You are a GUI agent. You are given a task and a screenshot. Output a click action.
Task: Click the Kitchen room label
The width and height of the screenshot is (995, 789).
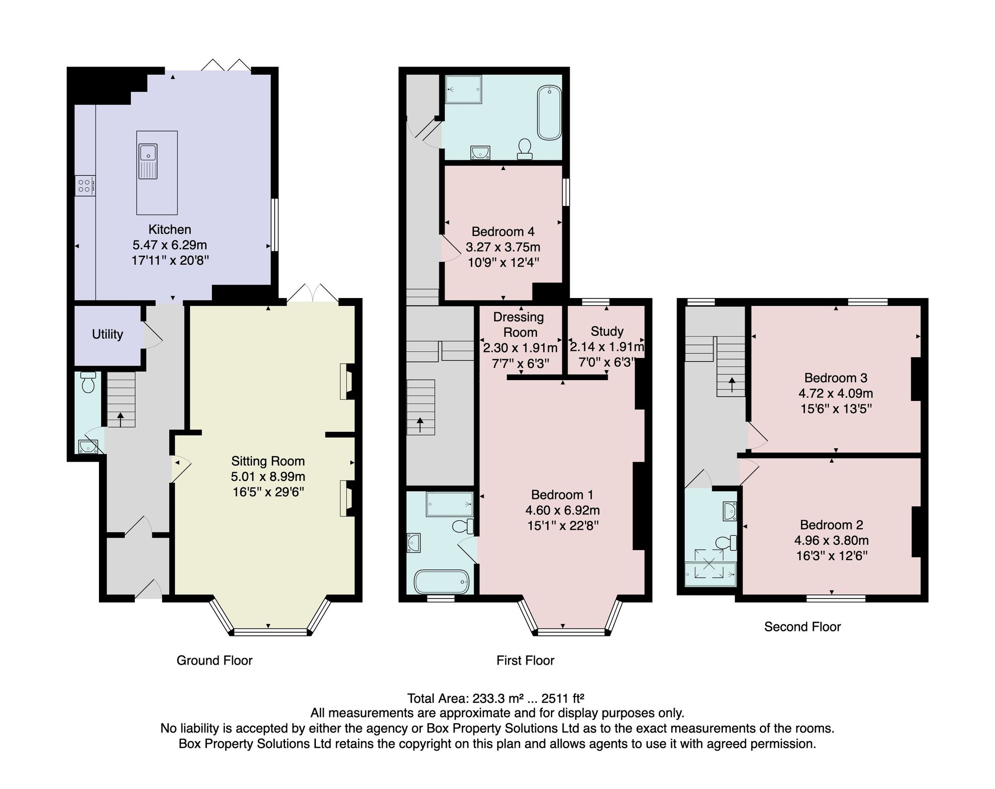170,229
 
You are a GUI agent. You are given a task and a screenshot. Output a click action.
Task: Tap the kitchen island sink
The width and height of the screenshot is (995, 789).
148,161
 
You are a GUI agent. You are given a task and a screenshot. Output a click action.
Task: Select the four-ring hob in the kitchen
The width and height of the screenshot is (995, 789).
85,186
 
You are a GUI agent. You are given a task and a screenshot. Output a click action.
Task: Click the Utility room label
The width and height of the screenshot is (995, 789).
107,334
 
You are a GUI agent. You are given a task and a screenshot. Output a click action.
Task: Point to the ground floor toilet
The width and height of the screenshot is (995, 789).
88,382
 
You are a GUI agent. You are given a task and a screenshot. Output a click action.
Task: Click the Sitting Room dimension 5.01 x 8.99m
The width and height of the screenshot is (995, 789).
268,477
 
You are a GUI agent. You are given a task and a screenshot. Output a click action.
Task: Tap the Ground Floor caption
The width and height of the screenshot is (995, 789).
214,660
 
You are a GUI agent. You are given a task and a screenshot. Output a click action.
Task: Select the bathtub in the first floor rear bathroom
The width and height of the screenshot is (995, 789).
549,113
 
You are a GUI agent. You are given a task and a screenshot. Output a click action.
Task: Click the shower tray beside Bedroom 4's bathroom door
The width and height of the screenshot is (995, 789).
464,90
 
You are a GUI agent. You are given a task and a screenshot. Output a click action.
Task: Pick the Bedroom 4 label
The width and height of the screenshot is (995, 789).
503,231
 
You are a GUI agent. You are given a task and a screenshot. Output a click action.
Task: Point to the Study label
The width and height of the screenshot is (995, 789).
607,331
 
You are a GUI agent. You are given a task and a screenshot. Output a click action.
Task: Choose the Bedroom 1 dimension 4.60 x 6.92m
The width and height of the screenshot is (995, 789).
563,510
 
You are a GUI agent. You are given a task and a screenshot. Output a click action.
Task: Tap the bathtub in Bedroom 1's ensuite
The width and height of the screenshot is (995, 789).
442,582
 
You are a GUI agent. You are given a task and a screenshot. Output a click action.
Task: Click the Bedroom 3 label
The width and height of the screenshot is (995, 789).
836,378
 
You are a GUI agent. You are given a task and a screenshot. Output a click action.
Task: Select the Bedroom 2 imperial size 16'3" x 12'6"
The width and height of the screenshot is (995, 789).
832,555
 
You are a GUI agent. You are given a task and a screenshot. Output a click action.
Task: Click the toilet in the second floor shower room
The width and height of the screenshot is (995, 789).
726,543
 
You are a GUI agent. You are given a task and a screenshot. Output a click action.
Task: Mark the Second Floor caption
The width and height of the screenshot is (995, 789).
802,626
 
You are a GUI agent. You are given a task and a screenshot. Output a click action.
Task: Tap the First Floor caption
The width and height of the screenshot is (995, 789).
525,660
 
